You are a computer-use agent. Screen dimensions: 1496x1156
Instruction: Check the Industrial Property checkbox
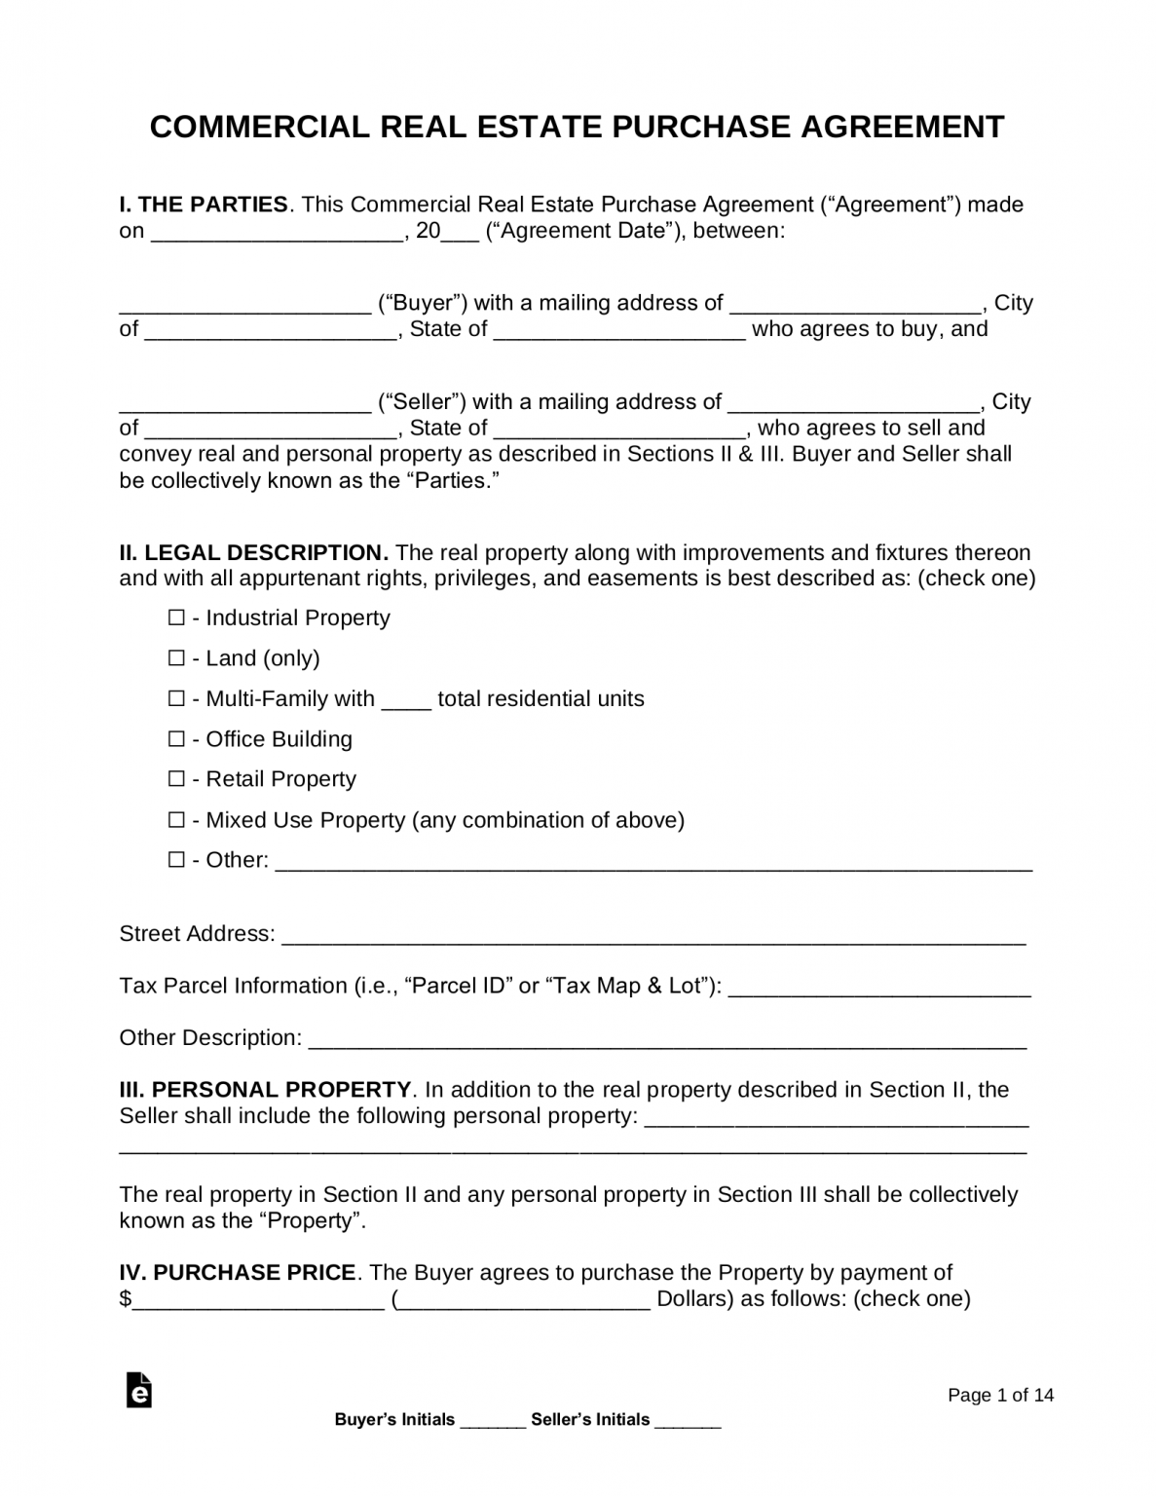(176, 617)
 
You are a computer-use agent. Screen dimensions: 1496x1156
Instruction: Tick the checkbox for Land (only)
(176, 658)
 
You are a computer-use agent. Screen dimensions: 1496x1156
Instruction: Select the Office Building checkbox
(176, 739)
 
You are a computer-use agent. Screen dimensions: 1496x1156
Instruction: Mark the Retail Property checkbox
(176, 779)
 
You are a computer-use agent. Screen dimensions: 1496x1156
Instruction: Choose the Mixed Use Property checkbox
(176, 820)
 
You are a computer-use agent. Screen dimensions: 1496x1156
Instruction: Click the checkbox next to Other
(176, 860)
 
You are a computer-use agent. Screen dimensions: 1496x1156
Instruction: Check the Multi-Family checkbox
(176, 698)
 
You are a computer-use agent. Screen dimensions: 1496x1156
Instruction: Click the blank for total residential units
(406, 700)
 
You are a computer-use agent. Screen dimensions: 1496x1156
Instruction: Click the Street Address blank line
(653, 936)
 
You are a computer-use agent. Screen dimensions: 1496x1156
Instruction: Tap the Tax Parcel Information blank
(879, 989)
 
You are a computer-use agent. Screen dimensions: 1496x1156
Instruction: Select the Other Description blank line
(667, 1040)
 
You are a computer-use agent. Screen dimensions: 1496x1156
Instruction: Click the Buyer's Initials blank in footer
(492, 1421)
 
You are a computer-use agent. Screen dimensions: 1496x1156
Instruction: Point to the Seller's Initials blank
(688, 1421)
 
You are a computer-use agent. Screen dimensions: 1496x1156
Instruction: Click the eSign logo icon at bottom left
(139, 1390)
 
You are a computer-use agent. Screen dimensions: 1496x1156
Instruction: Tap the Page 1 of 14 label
(1000, 1396)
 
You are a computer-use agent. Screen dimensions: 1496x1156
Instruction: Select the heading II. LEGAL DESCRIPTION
(253, 553)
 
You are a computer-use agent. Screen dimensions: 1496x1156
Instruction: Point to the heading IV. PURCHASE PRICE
(237, 1273)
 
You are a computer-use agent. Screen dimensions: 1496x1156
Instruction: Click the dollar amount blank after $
(258, 1301)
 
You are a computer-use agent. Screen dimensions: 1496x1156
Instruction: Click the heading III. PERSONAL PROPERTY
(265, 1090)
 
